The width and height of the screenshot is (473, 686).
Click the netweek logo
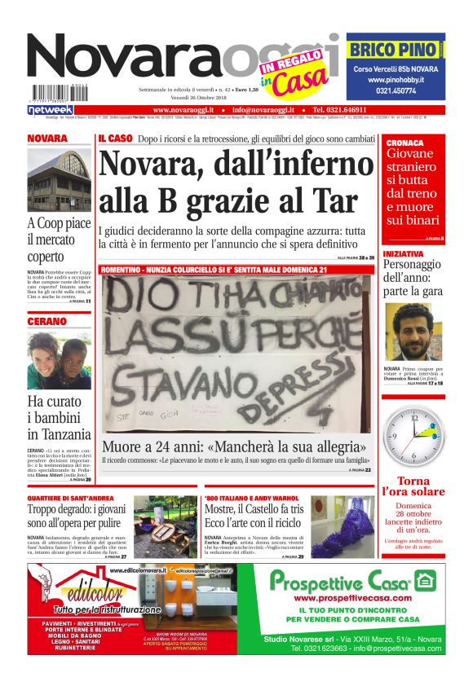click(50, 110)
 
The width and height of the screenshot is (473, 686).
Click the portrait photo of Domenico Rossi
click(414, 333)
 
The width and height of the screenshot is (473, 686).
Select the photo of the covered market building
click(59, 179)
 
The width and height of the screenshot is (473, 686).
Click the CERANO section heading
click(46, 322)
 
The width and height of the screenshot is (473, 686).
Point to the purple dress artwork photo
click(343, 526)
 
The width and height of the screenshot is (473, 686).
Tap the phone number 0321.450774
click(396, 92)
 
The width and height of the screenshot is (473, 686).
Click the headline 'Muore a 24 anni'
click(232, 446)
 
